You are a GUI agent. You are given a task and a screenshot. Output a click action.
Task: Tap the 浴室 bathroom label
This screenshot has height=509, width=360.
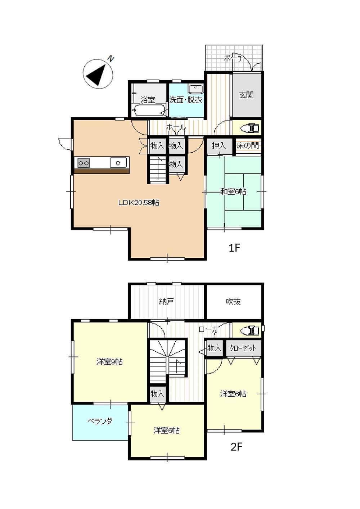tap(148, 100)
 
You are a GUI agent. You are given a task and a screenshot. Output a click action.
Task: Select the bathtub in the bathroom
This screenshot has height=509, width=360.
tap(149, 111)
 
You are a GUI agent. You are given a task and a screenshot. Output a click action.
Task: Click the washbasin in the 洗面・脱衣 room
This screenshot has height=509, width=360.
tap(196, 89)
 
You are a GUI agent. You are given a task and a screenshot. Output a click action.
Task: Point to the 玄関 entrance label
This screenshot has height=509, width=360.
tap(246, 95)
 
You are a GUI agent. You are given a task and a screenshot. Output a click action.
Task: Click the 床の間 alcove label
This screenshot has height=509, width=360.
tap(248, 145)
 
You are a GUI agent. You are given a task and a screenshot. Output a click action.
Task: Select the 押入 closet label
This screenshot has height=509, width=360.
tap(219, 145)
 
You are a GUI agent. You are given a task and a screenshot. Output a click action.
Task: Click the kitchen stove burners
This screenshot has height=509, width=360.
tap(84, 163)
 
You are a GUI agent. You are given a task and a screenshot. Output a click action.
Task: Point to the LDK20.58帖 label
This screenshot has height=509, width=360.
tap(139, 202)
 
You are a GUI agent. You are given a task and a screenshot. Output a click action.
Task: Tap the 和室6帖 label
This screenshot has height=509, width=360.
tap(233, 192)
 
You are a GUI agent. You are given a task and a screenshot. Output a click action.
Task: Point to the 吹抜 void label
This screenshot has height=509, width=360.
tap(233, 302)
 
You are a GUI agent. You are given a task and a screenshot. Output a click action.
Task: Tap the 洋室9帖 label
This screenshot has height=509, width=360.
tap(109, 361)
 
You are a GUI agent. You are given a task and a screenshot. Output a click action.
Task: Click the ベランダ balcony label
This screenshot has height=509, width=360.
tap(100, 421)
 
